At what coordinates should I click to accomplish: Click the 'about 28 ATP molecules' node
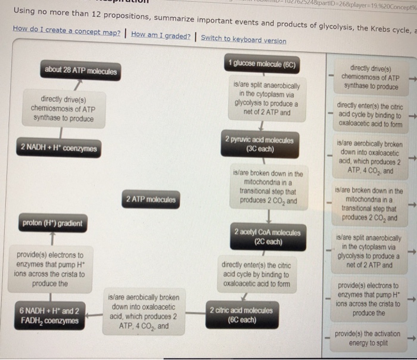81,71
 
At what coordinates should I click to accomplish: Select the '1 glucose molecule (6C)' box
262,64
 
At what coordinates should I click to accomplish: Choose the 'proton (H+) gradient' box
52,224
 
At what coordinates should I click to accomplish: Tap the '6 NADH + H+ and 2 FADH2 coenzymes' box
49,316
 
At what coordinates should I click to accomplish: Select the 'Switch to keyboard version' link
243,41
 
